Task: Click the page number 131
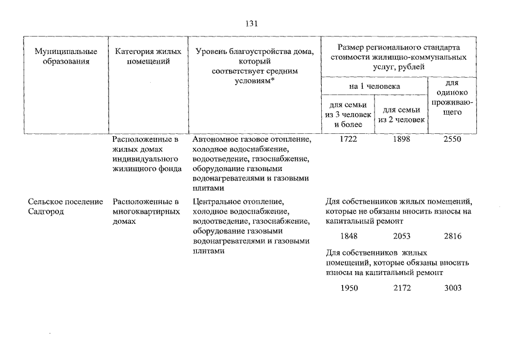251,24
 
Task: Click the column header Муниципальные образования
66,56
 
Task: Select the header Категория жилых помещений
148,56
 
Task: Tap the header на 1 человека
374,87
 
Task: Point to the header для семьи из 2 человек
401,115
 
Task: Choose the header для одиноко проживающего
452,97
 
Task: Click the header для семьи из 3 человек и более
348,115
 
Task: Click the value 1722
348,139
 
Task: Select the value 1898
401,139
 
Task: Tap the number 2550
452,139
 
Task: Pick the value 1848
349,236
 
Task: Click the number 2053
402,236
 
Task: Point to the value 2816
453,236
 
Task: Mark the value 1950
349,288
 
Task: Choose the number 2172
402,288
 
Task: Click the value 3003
453,288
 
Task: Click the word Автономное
215,139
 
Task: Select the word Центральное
217,202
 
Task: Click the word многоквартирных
146,212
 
